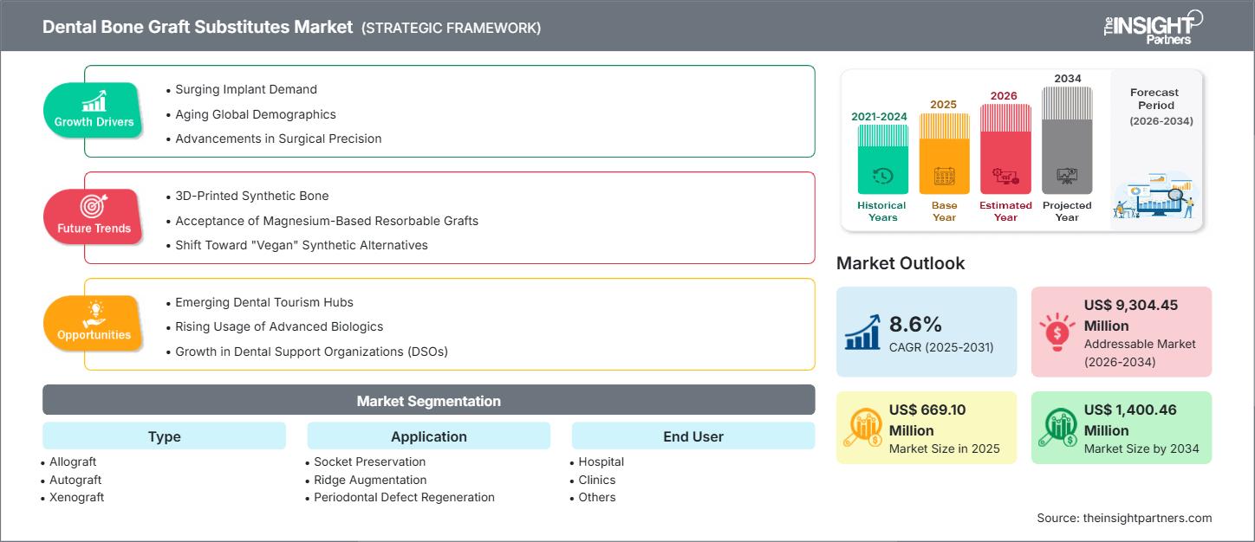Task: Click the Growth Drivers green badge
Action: click(x=94, y=111)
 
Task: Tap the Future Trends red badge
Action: click(x=94, y=216)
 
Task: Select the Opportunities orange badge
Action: click(x=94, y=323)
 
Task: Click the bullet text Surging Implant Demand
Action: click(x=246, y=89)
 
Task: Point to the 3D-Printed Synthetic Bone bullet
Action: click(x=251, y=196)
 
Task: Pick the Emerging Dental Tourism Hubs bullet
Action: click(x=263, y=302)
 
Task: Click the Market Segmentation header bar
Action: click(x=428, y=401)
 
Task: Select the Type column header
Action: click(x=164, y=436)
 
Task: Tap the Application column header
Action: click(x=428, y=436)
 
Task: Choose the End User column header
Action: click(x=693, y=436)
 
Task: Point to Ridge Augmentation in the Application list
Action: click(x=370, y=480)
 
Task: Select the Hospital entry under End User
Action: click(x=601, y=461)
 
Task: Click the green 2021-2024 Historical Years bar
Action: click(x=882, y=159)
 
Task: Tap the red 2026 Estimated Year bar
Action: click(x=1005, y=150)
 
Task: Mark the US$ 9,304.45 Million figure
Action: click(x=1130, y=315)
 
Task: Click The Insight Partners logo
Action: click(x=1152, y=27)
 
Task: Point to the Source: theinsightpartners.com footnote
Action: click(x=1123, y=518)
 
